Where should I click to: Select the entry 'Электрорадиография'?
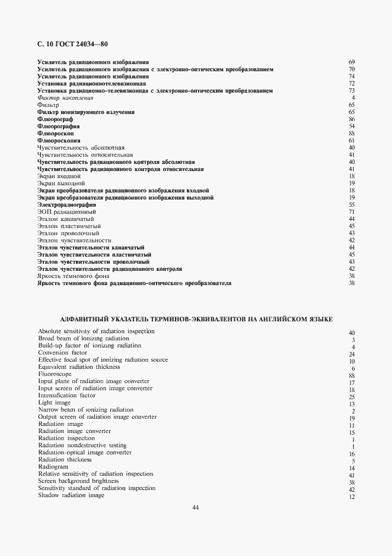[x=66, y=204]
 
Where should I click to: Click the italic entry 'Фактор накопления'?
[x=65, y=97]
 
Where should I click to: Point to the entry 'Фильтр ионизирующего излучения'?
[x=86, y=112]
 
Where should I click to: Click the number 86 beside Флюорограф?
[x=352, y=119]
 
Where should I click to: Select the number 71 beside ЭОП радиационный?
[x=352, y=211]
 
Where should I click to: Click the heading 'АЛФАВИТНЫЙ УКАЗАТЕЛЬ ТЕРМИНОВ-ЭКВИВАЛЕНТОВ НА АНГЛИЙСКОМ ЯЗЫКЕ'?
[x=196, y=319]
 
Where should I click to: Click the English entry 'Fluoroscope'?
[x=55, y=374]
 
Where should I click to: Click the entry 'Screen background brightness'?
[x=78, y=481]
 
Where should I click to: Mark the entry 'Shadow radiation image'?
[x=71, y=495]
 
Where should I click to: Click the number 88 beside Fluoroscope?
[x=352, y=375]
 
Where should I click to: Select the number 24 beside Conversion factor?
[x=352, y=354]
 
